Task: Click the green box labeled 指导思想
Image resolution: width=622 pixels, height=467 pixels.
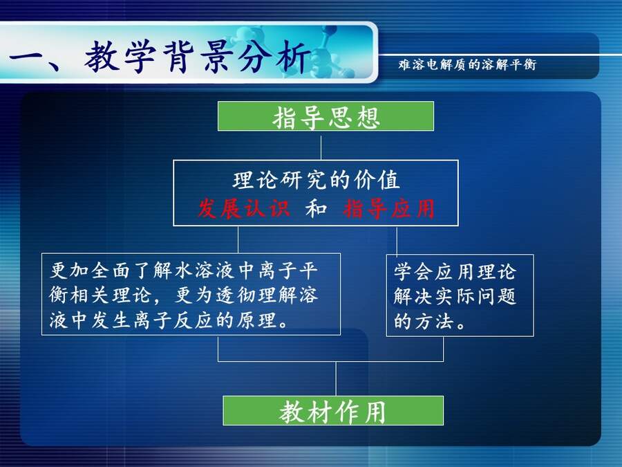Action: pos(326,116)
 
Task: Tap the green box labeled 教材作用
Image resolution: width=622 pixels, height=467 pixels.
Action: pos(333,410)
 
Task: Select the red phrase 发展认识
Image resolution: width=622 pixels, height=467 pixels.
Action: pos(243,208)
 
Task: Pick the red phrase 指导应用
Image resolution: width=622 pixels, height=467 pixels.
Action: pos(389,208)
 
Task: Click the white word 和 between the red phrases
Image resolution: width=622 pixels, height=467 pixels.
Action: pos(316,208)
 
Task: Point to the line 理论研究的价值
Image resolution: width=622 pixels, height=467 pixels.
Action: pos(316,180)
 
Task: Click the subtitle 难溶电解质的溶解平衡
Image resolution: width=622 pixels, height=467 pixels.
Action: pos(467,64)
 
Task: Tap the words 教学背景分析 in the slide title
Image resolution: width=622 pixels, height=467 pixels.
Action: pos(197,57)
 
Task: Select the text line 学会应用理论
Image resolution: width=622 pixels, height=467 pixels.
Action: pos(455,272)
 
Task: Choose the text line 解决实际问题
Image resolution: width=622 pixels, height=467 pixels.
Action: pos(455,296)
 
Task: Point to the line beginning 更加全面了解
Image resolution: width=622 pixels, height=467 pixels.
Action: pos(184,271)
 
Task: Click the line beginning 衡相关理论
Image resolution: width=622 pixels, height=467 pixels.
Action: pos(184,295)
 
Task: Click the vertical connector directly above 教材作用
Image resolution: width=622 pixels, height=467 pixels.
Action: pos(336,379)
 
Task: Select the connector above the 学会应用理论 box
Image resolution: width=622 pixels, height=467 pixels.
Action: pos(397,241)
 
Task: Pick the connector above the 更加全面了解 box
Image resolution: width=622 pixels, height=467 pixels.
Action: pos(238,240)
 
